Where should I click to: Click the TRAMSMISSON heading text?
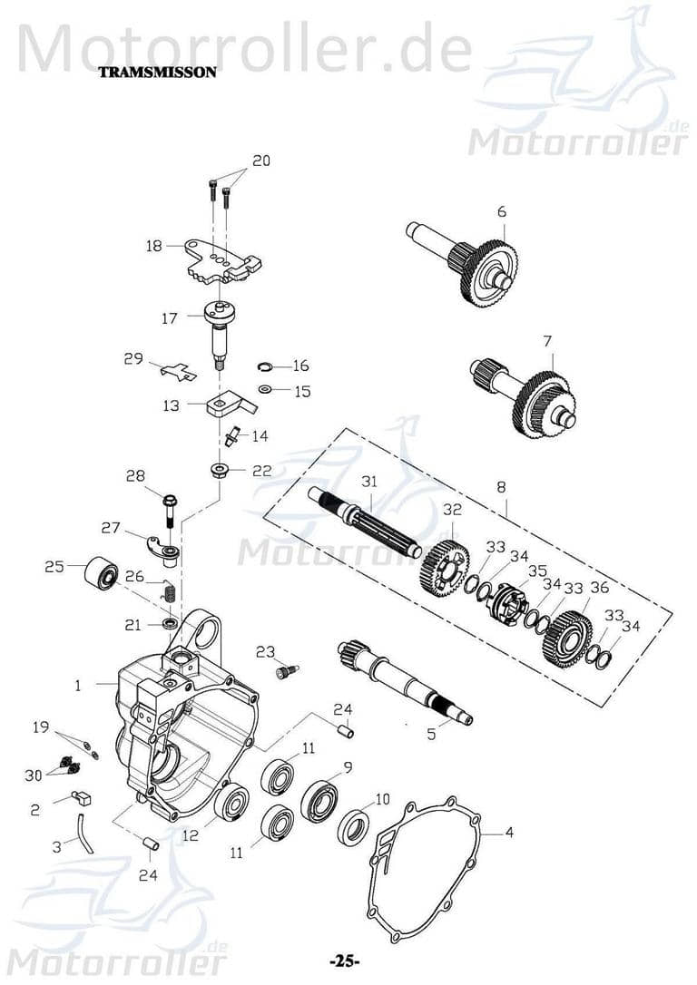(157, 73)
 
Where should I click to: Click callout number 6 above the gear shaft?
(501, 211)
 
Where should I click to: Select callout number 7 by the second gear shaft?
(546, 341)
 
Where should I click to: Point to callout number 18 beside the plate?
(153, 246)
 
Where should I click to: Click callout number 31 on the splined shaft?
(368, 482)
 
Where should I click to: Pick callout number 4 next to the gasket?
(509, 831)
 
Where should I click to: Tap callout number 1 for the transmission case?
(78, 686)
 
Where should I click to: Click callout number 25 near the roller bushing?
(54, 567)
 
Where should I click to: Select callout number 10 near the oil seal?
(381, 799)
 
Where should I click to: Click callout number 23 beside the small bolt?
(265, 651)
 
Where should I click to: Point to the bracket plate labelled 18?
(222, 259)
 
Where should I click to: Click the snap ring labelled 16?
(262, 366)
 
